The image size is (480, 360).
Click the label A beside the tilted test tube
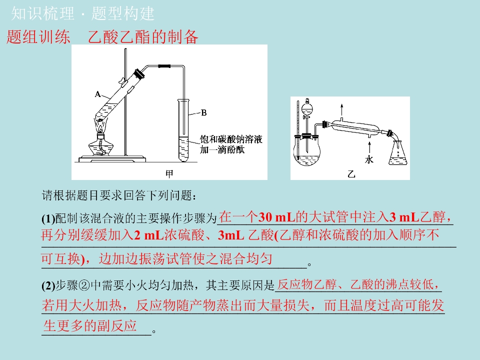[x=97, y=94]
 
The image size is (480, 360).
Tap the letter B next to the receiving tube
[x=204, y=112]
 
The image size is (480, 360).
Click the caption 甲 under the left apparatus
[x=169, y=174]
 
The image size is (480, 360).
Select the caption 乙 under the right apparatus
[x=351, y=174]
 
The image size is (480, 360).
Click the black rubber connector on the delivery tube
[x=164, y=66]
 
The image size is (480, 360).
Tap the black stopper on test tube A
[x=139, y=74]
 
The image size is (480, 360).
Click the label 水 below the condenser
[x=369, y=159]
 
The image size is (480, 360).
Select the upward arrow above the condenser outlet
[x=341, y=110]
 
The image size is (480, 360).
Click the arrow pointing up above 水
[x=369, y=147]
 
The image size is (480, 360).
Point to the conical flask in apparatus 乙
[x=397, y=153]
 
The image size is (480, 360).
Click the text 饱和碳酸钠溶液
[x=231, y=139]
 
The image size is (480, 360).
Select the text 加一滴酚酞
[x=222, y=149]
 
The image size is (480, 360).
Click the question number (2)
[x=48, y=285]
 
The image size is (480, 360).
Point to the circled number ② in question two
[x=83, y=285]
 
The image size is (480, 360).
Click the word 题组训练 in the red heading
[x=38, y=36]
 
